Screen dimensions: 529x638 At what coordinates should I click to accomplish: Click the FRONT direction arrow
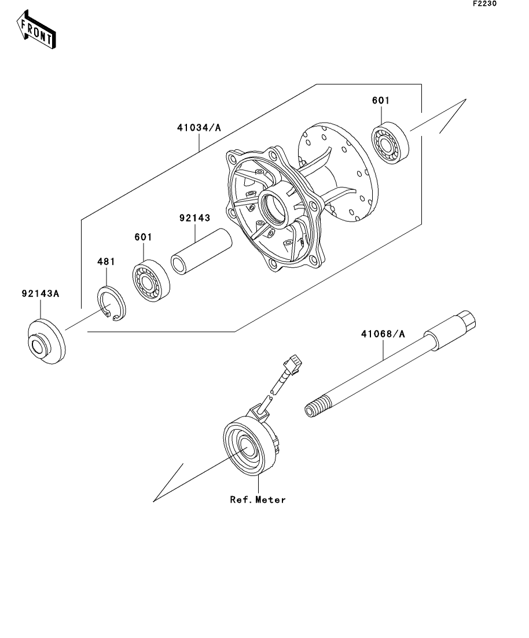(36, 30)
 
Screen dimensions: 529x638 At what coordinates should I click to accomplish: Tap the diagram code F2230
(484, 3)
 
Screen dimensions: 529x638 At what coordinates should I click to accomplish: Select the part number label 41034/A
(199, 128)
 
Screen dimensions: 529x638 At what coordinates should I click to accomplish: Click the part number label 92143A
(41, 293)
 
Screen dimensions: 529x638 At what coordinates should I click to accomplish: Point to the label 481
(106, 261)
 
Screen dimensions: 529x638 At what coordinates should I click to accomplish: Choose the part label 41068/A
(383, 334)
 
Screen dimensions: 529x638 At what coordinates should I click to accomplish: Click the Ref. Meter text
(258, 500)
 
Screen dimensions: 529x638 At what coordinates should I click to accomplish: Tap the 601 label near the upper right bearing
(381, 101)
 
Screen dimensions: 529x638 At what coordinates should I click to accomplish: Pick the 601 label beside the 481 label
(144, 237)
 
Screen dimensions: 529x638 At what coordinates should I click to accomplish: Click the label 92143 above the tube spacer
(194, 218)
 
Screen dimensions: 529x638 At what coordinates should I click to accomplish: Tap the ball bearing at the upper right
(391, 143)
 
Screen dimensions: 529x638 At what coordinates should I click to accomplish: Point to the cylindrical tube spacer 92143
(201, 252)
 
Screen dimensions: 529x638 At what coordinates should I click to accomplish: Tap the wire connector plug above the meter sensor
(293, 362)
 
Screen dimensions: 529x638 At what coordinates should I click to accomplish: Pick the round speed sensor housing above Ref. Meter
(249, 446)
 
